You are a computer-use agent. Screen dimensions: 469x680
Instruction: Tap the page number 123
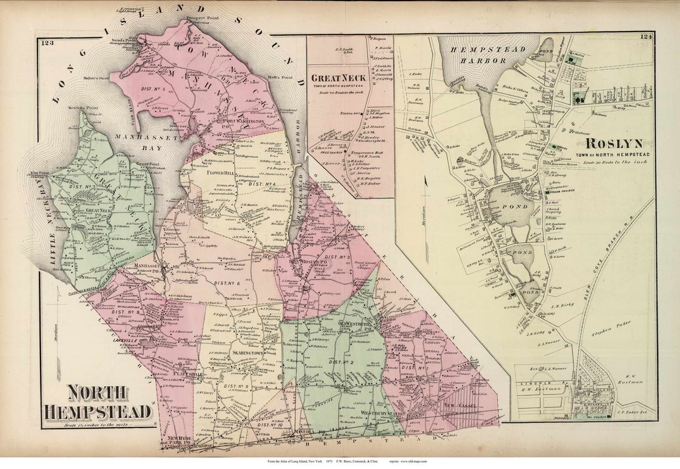[x=48, y=42]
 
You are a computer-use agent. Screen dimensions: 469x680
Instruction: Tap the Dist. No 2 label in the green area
[x=340, y=362]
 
